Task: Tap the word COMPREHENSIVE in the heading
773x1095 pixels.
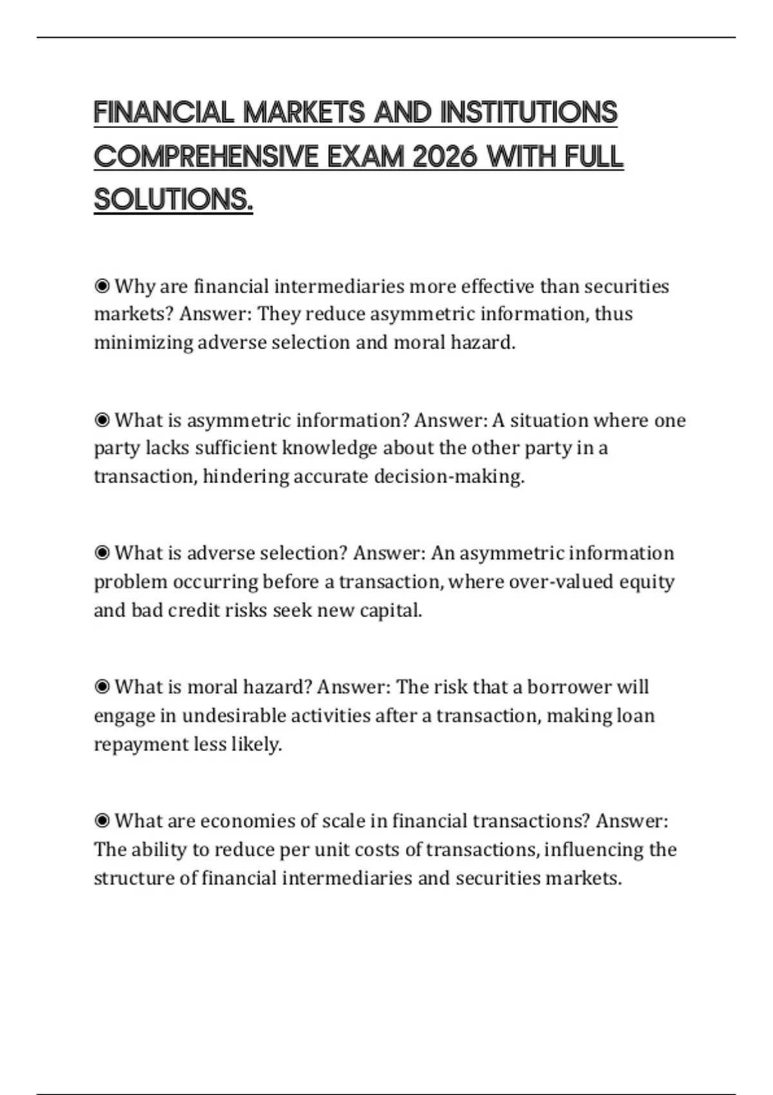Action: [207, 157]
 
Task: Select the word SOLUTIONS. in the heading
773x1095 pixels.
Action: [173, 200]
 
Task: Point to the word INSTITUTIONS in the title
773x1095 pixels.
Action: [529, 113]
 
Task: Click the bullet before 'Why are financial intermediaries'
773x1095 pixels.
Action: [102, 285]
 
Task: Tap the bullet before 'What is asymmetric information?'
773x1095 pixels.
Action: [102, 420]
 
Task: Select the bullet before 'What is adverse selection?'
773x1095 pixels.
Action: [102, 553]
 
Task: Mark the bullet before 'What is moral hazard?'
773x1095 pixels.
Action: [102, 687]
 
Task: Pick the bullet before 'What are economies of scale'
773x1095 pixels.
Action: [102, 821]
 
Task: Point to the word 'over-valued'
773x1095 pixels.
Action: [561, 581]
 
